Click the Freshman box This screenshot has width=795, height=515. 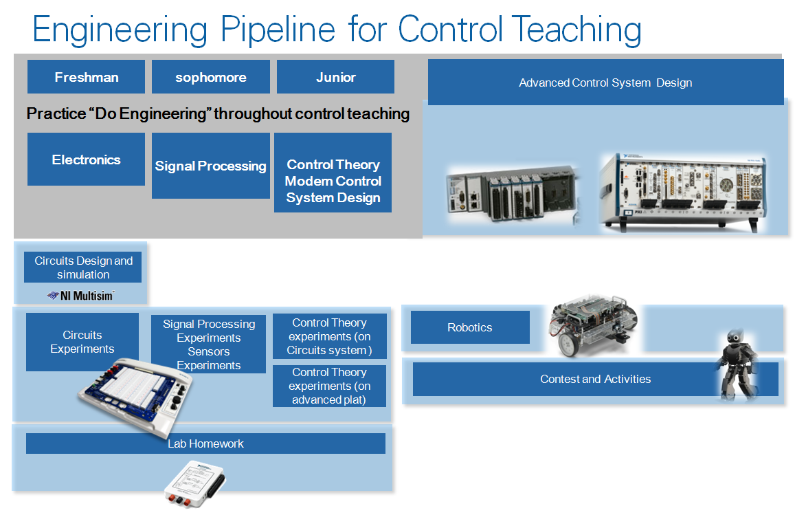tap(86, 77)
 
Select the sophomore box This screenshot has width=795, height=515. tap(210, 77)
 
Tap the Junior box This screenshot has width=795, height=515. tap(335, 77)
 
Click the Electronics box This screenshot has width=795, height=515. tap(86, 160)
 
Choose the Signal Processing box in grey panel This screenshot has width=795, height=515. tap(210, 166)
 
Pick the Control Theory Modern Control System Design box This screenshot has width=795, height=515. tap(333, 181)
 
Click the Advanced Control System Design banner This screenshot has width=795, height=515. tap(605, 83)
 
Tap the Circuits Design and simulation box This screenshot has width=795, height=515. tap(82, 267)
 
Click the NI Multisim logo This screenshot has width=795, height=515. tap(80, 295)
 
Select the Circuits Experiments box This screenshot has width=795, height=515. tap(82, 342)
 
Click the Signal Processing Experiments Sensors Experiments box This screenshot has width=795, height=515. tap(208, 344)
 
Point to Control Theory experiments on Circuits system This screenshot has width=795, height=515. tap(329, 336)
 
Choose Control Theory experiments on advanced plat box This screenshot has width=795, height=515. tap(329, 386)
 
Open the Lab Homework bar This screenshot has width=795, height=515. tap(205, 443)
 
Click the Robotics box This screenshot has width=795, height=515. tap(470, 327)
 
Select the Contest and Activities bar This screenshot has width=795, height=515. tap(595, 379)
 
